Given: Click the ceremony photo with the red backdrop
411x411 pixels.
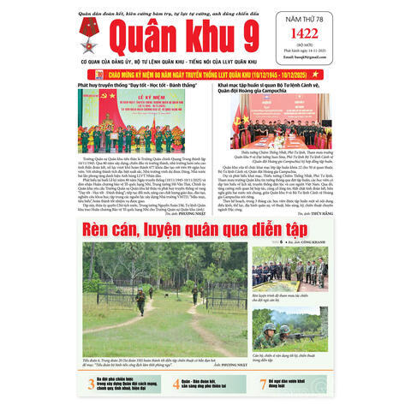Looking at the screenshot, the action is [x=119, y=121].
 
